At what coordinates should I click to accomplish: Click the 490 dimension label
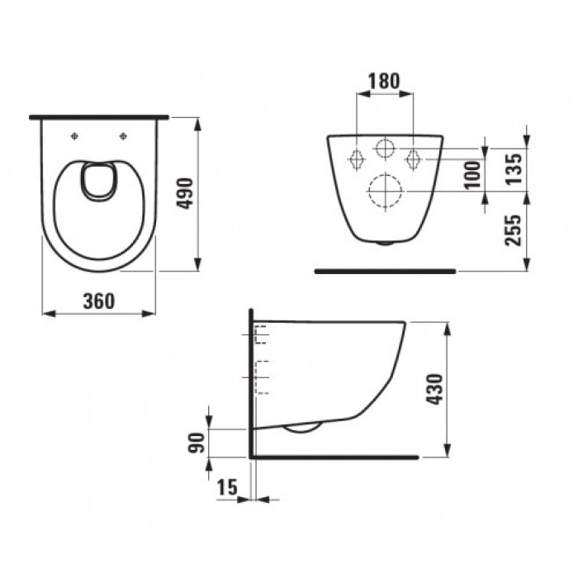pyautogui.click(x=186, y=193)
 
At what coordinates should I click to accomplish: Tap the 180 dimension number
pyautogui.click(x=384, y=81)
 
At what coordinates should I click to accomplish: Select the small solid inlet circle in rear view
pyautogui.click(x=385, y=149)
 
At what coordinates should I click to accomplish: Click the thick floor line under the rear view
pyautogui.click(x=386, y=270)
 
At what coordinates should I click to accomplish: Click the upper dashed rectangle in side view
pyautogui.click(x=263, y=334)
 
